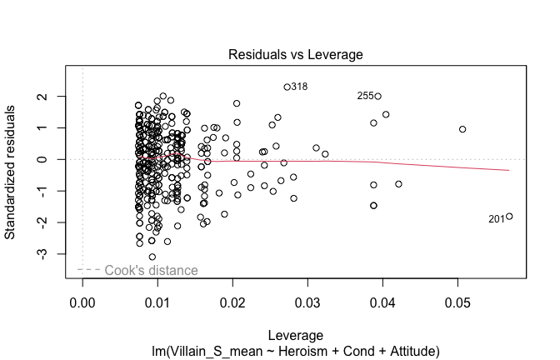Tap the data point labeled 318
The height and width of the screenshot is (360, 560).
click(x=287, y=87)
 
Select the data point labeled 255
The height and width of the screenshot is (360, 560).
click(x=377, y=96)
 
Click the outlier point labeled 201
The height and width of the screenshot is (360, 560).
click(x=509, y=217)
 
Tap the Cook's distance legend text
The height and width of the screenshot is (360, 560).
click(x=151, y=270)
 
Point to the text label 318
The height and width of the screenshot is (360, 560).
click(x=299, y=87)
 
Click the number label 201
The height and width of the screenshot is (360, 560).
click(x=497, y=219)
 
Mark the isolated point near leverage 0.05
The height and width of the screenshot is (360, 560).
click(x=462, y=129)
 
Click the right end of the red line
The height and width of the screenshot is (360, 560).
click(x=509, y=170)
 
